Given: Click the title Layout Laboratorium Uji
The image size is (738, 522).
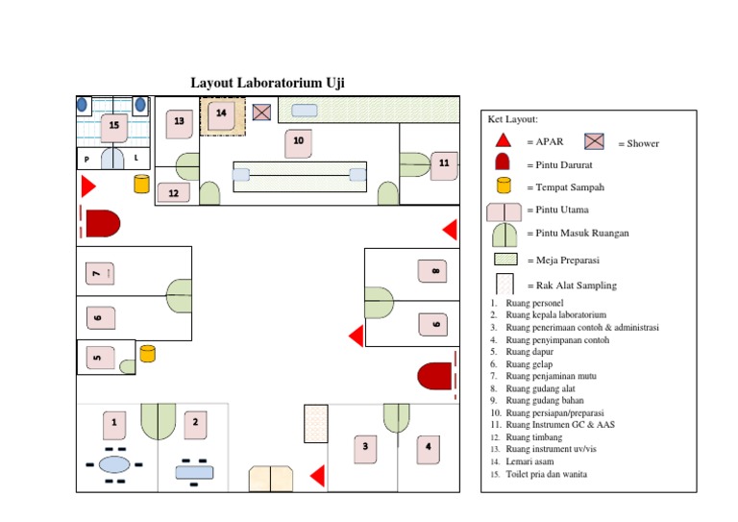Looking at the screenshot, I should point(267,83).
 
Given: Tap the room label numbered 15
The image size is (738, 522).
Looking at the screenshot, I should point(114,125).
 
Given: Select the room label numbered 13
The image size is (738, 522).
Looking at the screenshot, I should point(179,121).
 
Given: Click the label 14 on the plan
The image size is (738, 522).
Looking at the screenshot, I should point(222,113).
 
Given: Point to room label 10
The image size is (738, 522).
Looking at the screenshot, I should point(298,141).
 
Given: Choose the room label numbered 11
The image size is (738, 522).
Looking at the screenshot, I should point(444,164).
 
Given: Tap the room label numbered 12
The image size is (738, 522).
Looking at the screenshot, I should point(173,193).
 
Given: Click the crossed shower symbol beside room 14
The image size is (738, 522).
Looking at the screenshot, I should point(261,113).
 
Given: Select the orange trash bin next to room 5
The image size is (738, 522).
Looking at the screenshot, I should point(147,354).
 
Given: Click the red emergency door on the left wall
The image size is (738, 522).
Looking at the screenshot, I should point(102,223).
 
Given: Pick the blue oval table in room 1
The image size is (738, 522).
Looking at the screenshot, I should point(114,464).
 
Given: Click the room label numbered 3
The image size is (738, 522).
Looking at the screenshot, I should point(364,446).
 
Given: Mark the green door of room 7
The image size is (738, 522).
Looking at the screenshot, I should point(179,295).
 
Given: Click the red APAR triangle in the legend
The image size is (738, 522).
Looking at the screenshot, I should point(503,140).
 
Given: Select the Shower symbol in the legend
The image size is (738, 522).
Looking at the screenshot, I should point(595,141).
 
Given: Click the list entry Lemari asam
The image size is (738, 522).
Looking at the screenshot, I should point(528,461).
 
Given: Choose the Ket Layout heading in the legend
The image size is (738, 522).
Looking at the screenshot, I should point(513,119).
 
